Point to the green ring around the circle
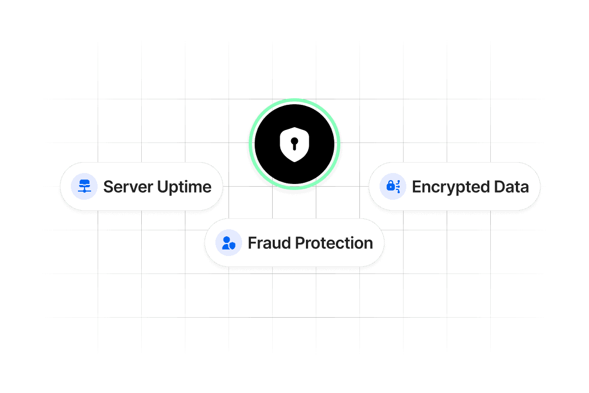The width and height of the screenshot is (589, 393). (251, 144)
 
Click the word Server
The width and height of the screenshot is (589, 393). (128, 187)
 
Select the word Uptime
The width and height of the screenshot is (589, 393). (184, 187)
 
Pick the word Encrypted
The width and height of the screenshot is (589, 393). (451, 187)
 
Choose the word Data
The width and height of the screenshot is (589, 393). (512, 187)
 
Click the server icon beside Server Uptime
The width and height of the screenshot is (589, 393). (84, 187)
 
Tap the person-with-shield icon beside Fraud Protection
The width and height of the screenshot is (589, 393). (229, 243)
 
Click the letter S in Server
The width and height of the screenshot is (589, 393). (108, 187)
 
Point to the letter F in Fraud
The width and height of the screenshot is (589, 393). (252, 243)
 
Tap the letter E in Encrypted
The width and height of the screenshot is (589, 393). (416, 187)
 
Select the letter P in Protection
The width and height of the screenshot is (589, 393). (299, 243)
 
